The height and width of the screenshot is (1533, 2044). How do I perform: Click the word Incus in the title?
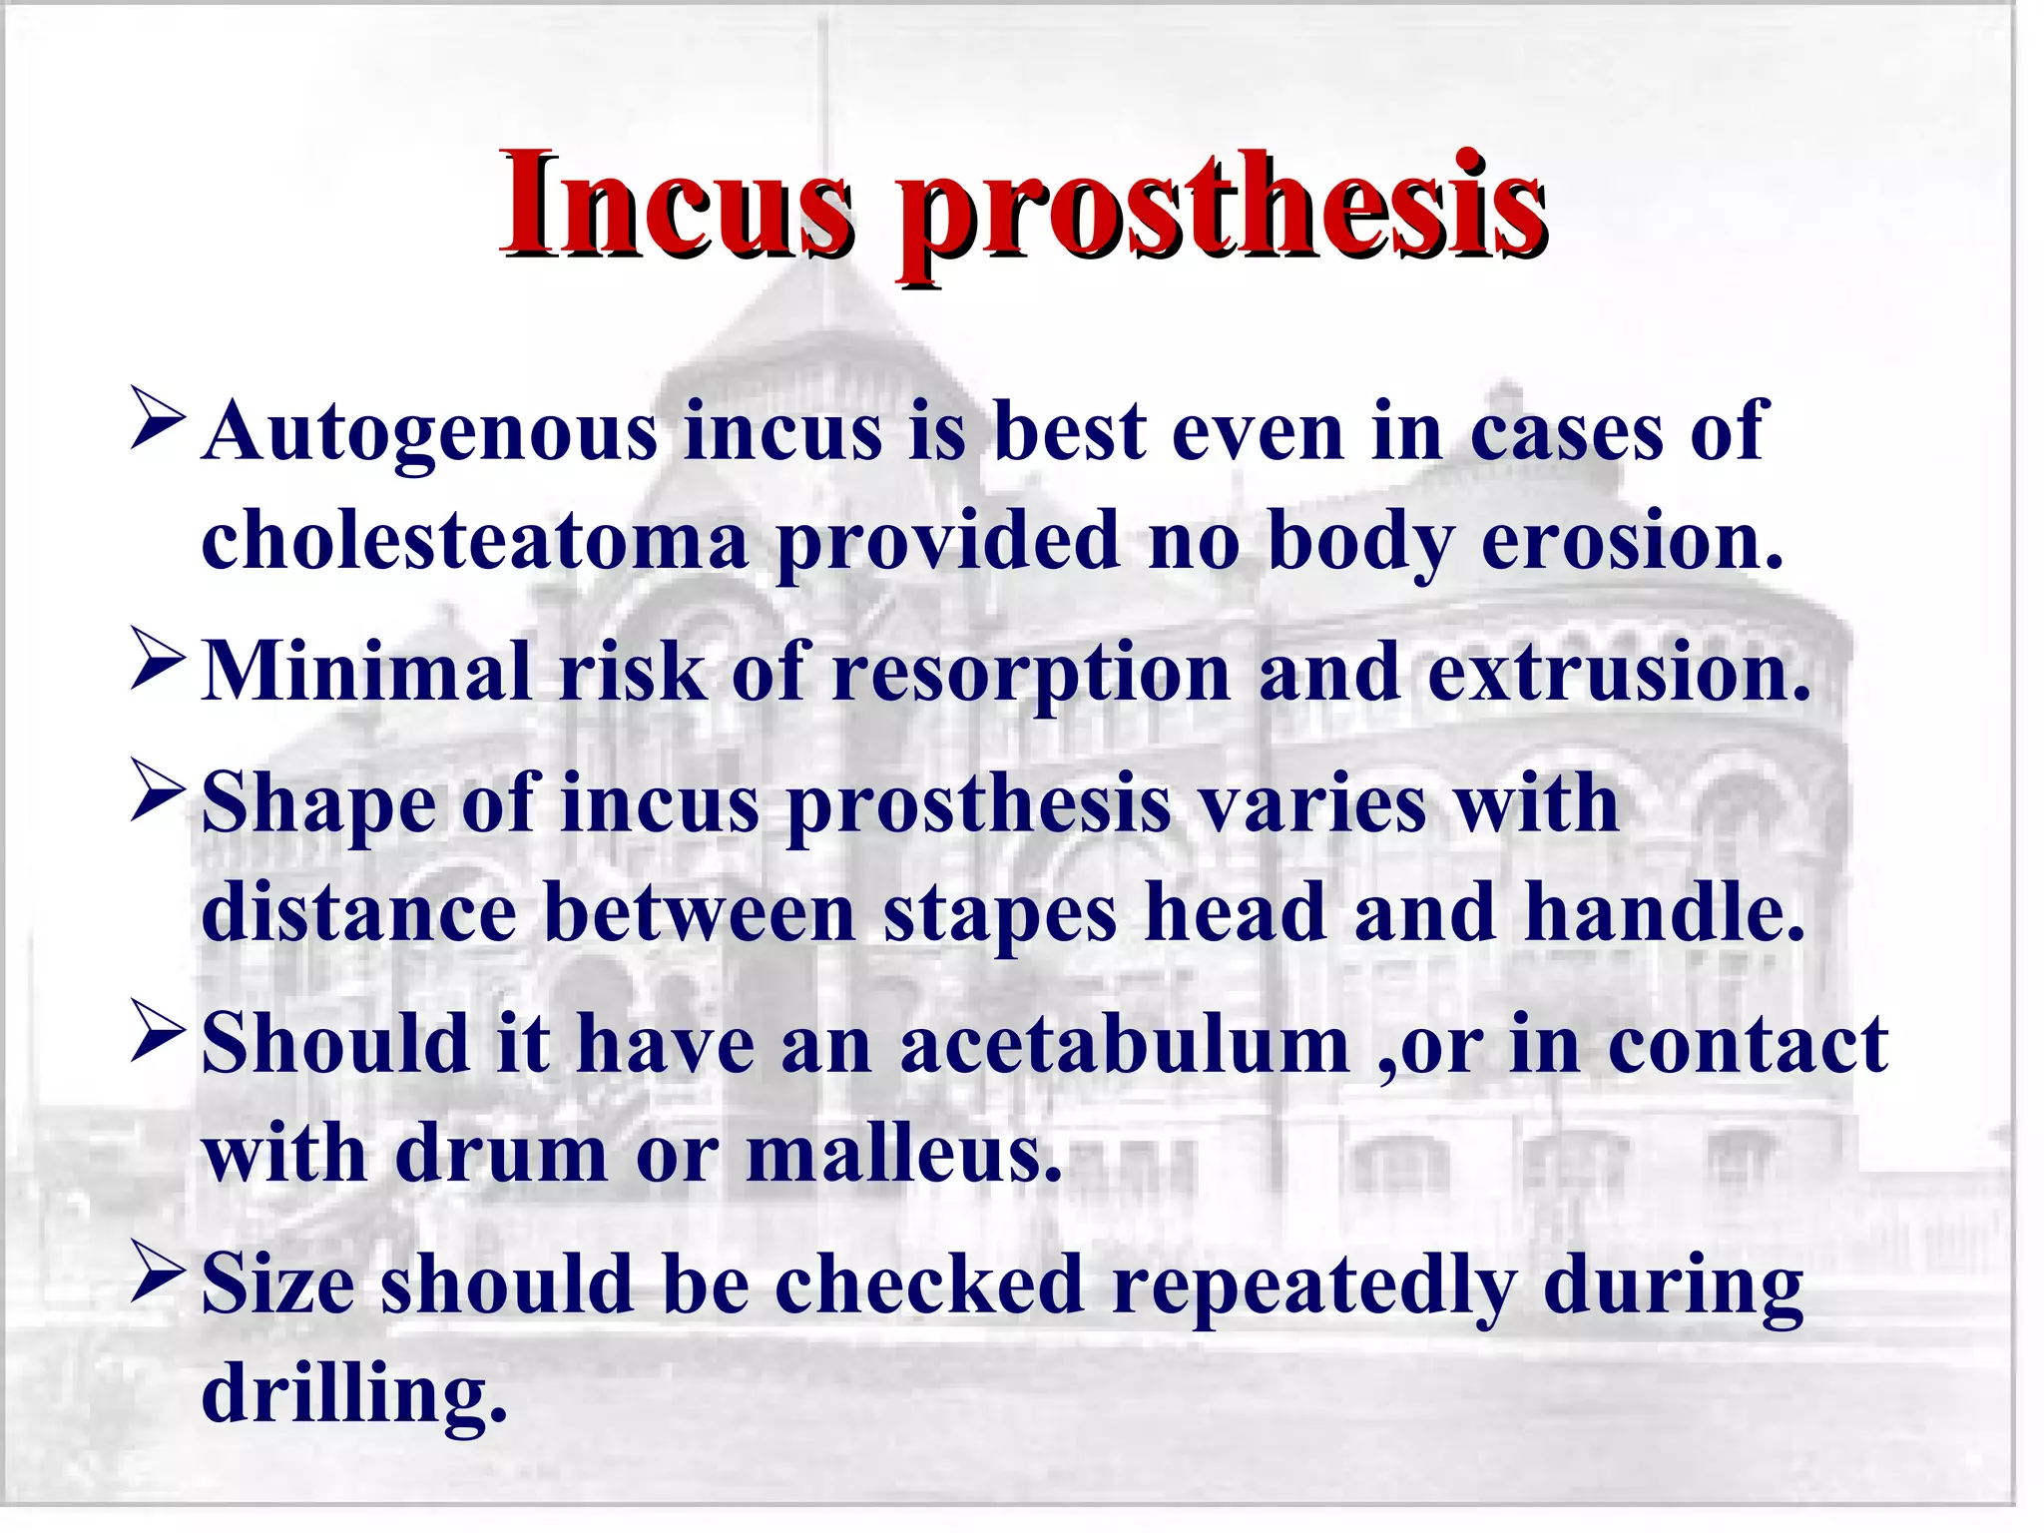[677, 205]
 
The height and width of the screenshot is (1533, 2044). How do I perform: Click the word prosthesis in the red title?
[1223, 210]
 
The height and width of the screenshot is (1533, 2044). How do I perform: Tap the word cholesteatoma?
[474, 541]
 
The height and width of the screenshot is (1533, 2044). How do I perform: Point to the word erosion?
[1632, 541]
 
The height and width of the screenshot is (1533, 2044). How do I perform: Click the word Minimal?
[366, 672]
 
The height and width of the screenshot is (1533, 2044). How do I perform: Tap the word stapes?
[1000, 914]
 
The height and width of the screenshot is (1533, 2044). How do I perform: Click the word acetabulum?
[1125, 1045]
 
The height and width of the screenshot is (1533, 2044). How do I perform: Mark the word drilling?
[354, 1395]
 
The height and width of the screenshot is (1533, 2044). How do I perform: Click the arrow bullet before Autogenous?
[158, 419]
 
